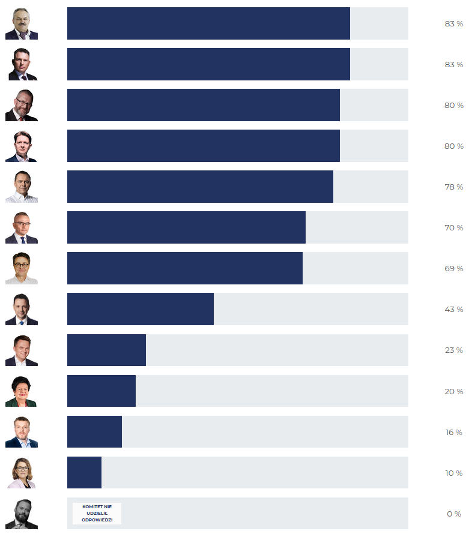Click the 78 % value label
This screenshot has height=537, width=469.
click(453, 187)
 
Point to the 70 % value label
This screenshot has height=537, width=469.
click(453, 228)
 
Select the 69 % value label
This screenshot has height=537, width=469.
click(453, 269)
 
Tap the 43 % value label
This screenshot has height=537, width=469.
click(453, 310)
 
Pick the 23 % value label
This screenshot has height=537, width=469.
click(453, 350)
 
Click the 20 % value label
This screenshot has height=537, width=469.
click(453, 392)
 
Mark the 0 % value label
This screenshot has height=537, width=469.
click(453, 514)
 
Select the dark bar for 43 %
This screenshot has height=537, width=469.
click(141, 309)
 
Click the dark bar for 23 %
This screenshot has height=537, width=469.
click(106, 350)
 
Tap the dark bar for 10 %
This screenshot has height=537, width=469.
click(84, 472)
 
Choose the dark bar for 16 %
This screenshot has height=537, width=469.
click(94, 431)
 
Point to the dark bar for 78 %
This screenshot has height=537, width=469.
click(200, 187)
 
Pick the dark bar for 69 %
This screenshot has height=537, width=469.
click(185, 268)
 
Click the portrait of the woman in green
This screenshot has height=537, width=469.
click(21, 391)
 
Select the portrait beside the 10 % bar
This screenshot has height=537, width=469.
click(21, 473)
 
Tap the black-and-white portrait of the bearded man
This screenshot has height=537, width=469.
click(22, 514)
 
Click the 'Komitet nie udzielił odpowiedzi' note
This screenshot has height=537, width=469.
click(97, 514)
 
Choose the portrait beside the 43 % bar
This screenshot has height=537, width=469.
click(21, 310)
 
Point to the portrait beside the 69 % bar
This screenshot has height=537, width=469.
click(21, 269)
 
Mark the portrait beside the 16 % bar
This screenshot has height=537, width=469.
click(21, 432)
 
